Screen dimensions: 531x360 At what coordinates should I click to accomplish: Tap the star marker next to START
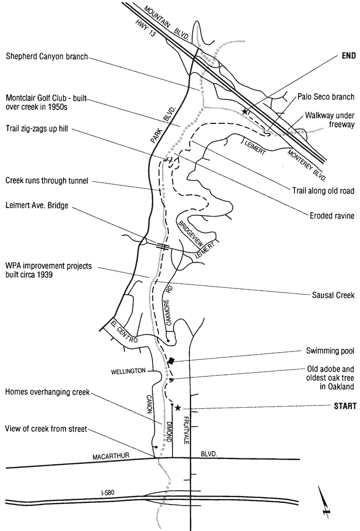[178, 408]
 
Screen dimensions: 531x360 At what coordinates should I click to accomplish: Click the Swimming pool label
[330, 350]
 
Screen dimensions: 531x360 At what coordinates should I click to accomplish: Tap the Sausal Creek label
[332, 295]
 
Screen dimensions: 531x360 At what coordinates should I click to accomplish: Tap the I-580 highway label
[109, 493]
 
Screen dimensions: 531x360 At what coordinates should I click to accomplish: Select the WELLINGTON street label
[128, 371]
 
